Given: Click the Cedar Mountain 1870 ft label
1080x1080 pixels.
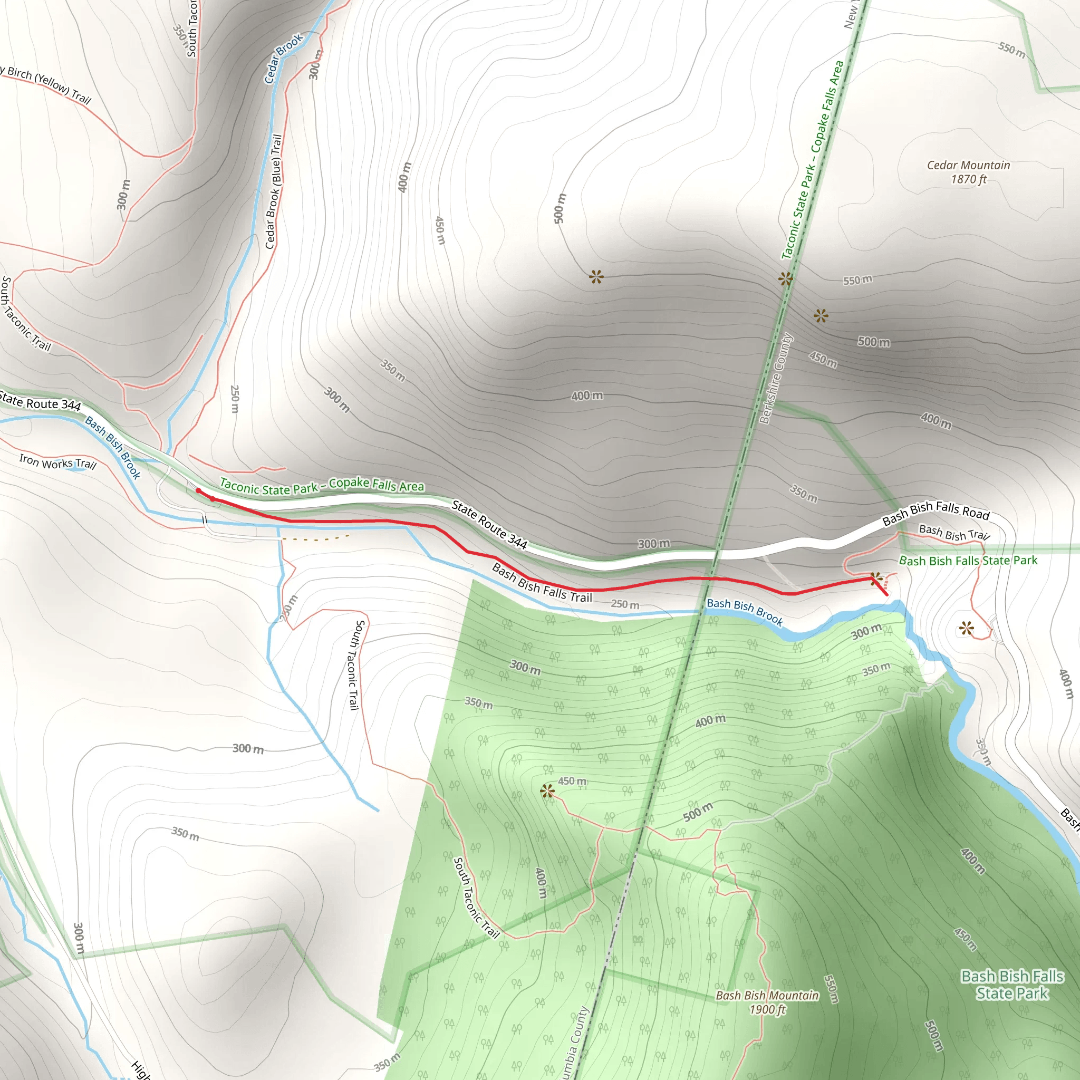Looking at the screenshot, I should click(x=968, y=171).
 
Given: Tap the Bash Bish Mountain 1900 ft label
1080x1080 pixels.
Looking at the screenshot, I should click(x=767, y=1002).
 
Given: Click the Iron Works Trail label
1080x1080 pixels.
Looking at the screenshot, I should click(x=57, y=462).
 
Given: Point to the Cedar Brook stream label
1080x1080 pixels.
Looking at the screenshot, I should click(x=283, y=58).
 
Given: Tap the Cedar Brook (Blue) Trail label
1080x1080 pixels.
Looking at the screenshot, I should click(x=273, y=191).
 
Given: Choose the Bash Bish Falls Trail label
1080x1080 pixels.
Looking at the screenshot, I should click(x=541, y=583).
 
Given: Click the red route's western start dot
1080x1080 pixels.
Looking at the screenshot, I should click(x=198, y=491).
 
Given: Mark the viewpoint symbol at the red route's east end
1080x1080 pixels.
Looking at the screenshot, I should click(x=876, y=578).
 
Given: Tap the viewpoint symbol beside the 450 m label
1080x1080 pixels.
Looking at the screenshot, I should click(x=547, y=790).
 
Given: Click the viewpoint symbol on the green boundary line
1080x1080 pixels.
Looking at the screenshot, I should click(x=785, y=278).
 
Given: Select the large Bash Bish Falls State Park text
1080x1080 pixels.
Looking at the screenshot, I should click(x=1012, y=985).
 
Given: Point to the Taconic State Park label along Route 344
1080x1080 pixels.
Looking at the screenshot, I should click(x=322, y=486).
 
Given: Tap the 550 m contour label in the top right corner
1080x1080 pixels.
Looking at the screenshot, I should click(x=1012, y=50).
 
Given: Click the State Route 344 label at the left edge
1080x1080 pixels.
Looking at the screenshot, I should click(x=40, y=402).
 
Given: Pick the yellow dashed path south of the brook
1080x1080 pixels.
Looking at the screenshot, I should click(x=316, y=539).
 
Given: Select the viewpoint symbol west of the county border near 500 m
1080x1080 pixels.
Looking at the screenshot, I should click(x=596, y=276).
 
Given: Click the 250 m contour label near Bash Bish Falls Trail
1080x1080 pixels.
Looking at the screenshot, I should click(x=625, y=604).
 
